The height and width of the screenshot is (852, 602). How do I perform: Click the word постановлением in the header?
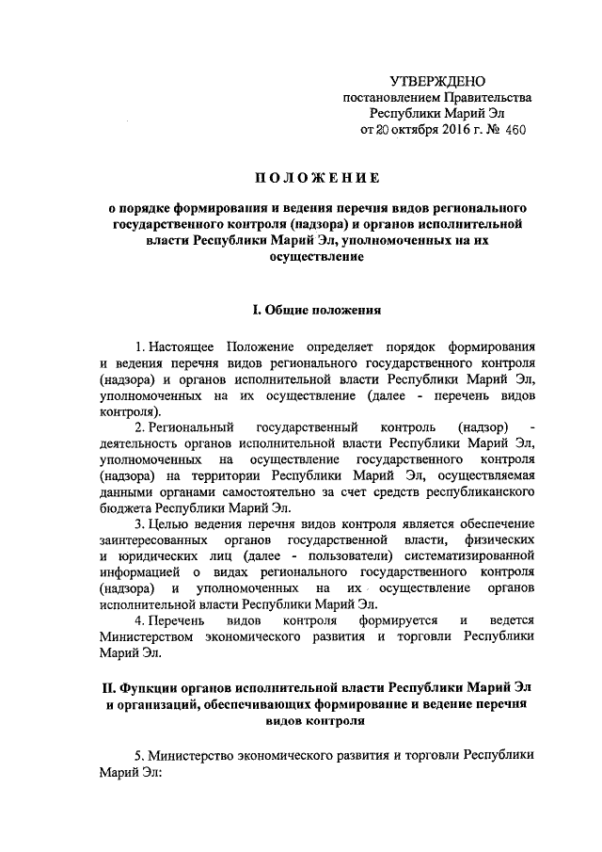pyautogui.click(x=387, y=101)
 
